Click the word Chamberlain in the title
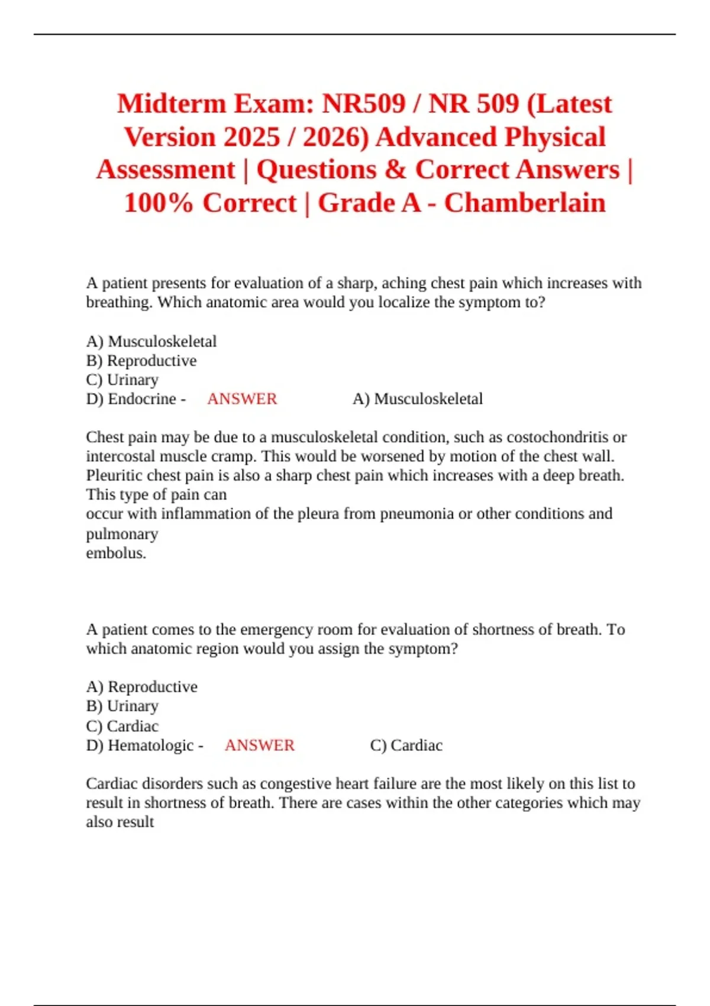pos(525,203)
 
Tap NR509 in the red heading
pos(363,104)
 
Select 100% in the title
pos(159,203)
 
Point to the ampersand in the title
pos(395,170)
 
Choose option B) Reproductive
pos(141,360)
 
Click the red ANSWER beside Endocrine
pos(242,399)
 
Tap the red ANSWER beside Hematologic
pos(260,745)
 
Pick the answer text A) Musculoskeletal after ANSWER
pos(418,399)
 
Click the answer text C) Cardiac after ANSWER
pos(406,745)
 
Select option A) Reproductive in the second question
pos(142,686)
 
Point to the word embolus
pos(115,553)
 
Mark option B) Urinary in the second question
pos(122,706)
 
